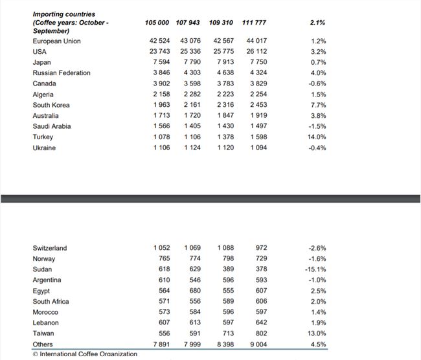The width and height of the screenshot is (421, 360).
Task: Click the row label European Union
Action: coord(56,41)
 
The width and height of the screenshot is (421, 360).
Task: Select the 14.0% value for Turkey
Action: coord(317,137)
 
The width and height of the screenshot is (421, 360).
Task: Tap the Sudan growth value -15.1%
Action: coord(316,269)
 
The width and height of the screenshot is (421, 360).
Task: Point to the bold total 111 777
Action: coord(254,23)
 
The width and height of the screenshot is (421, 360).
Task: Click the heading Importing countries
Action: coord(64,14)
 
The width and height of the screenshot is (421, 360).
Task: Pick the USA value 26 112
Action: coord(256,52)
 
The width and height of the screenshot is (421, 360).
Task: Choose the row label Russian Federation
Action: coord(62,73)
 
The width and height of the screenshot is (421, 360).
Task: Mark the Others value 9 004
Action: coord(256,344)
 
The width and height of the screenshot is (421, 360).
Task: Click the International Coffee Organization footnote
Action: coord(85,354)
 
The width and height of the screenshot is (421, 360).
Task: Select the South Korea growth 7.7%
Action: coord(318,105)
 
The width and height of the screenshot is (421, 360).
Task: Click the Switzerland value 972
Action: coord(260,248)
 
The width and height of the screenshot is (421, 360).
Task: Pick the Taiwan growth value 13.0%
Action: coord(317,333)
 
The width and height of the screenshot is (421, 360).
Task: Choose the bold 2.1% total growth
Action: coord(317,23)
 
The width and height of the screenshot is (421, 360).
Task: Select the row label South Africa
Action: coord(51,302)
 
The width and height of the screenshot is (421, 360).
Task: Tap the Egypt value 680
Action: coord(192,291)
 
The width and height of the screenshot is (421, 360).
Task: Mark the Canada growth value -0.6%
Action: coord(317,84)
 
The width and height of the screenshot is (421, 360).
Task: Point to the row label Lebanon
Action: coord(45,323)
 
